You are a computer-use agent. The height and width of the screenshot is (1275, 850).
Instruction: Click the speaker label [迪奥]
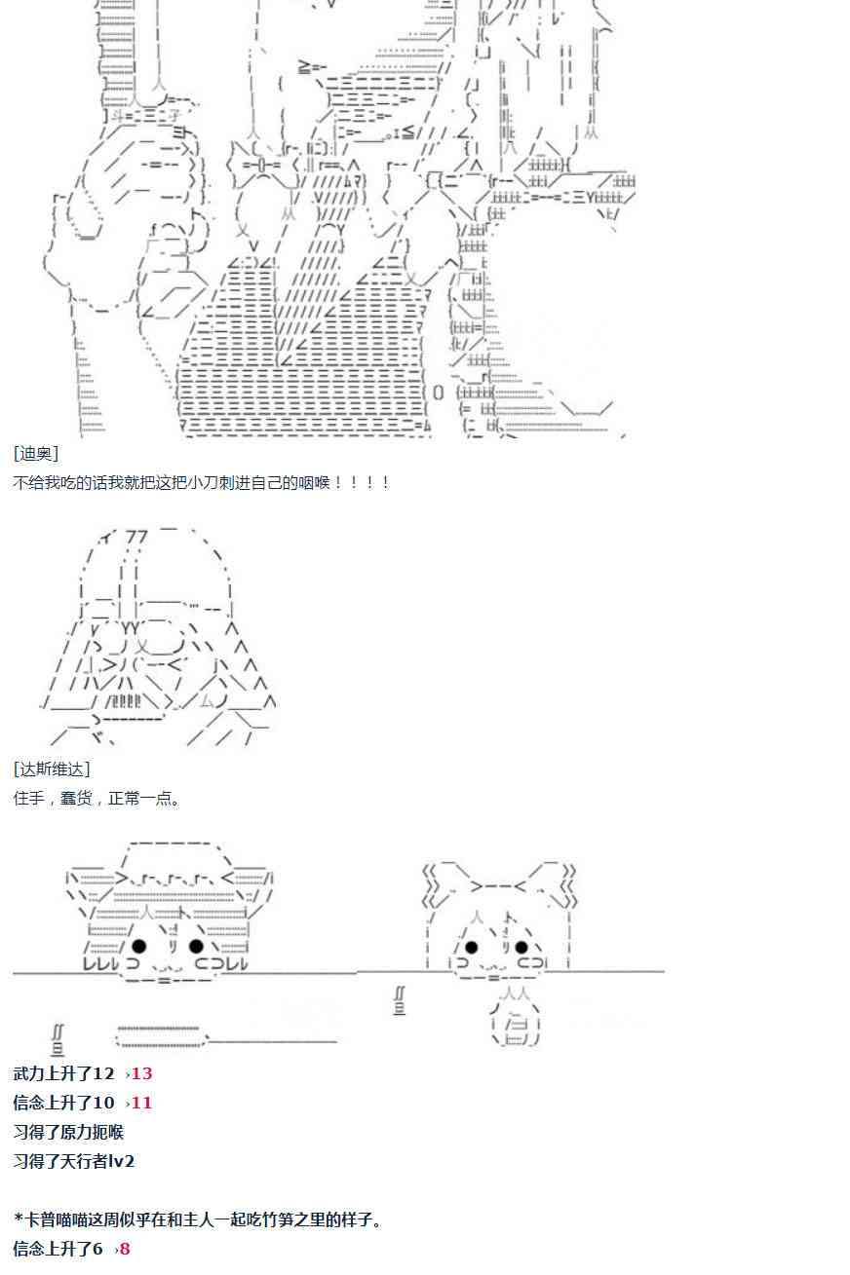(x=36, y=454)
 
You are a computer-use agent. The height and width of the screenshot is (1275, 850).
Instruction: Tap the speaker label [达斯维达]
(x=52, y=769)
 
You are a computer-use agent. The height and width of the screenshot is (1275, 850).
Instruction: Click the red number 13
(x=142, y=1073)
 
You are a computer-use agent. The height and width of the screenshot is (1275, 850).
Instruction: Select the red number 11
(x=142, y=1103)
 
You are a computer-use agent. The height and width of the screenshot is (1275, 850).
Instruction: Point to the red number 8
(x=124, y=1249)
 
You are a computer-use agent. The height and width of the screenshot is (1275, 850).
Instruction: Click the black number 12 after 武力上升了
(x=103, y=1073)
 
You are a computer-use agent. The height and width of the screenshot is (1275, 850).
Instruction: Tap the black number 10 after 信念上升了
(x=103, y=1103)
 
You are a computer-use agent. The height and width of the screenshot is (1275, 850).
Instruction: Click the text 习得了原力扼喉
(x=68, y=1132)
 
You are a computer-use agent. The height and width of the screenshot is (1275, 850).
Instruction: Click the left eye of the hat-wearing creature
(x=139, y=946)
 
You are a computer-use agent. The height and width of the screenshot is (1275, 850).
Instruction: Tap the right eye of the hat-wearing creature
(x=196, y=946)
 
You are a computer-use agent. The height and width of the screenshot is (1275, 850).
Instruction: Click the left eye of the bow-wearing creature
(x=471, y=947)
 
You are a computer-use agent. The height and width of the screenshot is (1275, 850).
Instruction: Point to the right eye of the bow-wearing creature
(x=522, y=947)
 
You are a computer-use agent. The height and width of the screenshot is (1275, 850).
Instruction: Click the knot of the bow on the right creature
(x=498, y=886)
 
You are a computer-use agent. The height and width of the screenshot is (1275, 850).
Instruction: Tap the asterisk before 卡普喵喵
(x=19, y=1219)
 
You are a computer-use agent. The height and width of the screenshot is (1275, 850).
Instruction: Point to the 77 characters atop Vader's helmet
(x=136, y=536)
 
